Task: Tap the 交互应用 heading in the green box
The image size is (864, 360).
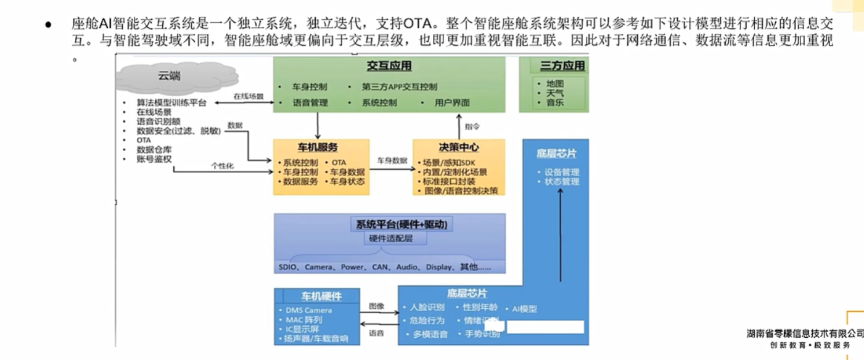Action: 389,66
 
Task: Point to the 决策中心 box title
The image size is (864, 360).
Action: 459,148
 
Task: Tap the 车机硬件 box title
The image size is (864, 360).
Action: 321,297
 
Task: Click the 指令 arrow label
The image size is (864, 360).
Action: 472,126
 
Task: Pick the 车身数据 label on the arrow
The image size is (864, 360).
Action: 392,160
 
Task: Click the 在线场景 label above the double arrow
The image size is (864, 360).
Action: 249,97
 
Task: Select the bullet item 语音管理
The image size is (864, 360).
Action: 310,103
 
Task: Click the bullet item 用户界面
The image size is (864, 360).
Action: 452,103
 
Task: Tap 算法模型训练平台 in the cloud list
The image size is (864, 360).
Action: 171,103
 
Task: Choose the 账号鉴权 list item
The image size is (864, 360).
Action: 154,158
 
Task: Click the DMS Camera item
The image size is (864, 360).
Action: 308,310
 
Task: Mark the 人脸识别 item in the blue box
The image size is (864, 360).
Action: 427,307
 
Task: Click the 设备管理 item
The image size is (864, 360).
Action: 562,172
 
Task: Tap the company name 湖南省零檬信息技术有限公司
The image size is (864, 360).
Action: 805,333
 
